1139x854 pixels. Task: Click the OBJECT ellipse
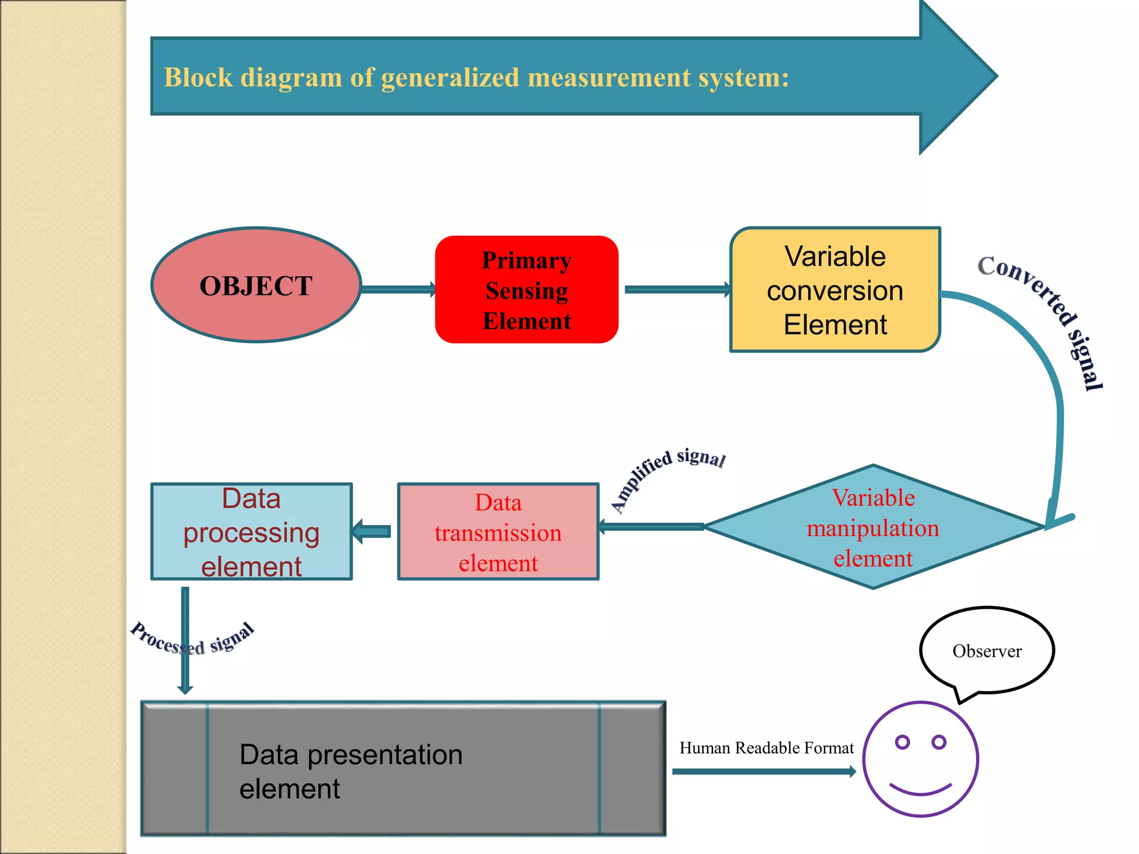[256, 285]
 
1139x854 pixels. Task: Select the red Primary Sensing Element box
[526, 290]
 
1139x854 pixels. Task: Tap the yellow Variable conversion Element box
[834, 290]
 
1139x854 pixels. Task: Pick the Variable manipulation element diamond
[873, 527]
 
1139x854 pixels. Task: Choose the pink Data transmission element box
[498, 532]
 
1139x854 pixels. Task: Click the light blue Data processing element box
[251, 532]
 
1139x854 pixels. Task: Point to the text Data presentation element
[350, 771]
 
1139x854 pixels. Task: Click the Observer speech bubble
[987, 651]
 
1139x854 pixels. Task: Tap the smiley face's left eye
[902, 742]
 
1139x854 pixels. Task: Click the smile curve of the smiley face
[920, 790]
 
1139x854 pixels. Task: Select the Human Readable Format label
[766, 748]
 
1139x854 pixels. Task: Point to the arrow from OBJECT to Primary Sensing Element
[398, 289]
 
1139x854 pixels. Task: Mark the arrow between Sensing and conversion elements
[676, 289]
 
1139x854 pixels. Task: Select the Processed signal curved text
[192, 639]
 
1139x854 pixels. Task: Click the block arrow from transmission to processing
[372, 532]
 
